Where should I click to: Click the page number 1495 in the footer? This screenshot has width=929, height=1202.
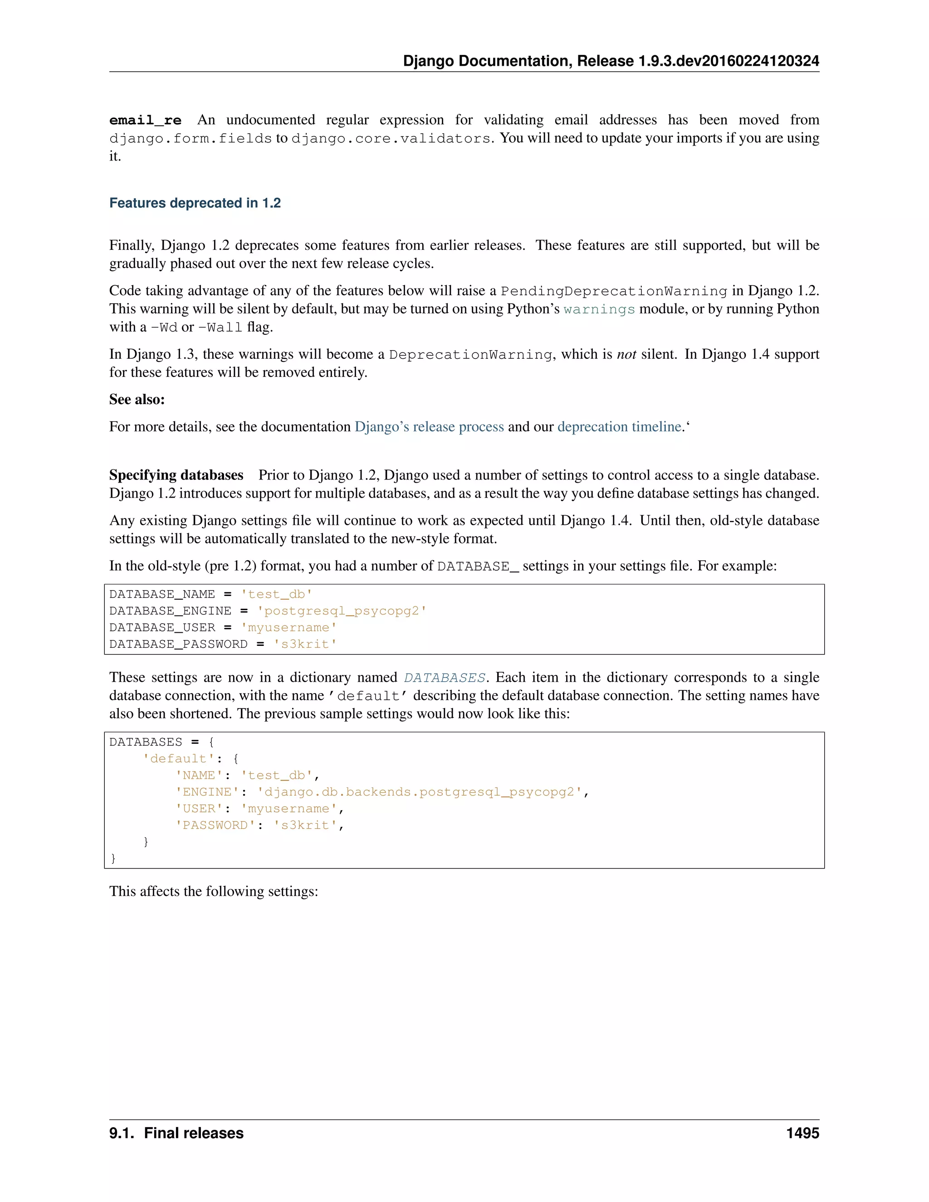[802, 1133]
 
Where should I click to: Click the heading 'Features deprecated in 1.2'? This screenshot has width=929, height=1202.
[195, 203]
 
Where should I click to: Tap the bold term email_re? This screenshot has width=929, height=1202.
[145, 120]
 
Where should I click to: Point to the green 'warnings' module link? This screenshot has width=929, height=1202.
[599, 309]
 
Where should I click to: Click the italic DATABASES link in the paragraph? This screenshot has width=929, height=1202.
[444, 678]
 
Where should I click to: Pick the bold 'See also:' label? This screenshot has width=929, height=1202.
[137, 400]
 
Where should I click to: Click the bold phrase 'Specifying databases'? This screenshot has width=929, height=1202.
[176, 475]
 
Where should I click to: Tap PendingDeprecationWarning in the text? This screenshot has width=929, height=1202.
[614, 291]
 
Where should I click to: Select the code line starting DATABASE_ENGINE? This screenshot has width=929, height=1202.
[268, 611]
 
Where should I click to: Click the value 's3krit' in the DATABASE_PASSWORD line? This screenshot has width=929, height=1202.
[305, 644]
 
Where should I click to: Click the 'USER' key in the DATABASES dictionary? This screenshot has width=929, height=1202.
[199, 808]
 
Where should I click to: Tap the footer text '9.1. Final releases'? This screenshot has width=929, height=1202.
[176, 1133]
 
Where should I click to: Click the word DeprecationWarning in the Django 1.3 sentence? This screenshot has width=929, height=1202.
[470, 354]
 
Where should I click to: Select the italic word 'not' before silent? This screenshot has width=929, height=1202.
[626, 354]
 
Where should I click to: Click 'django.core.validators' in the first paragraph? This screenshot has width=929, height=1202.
[390, 138]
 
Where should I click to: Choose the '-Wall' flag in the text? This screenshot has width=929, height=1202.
[220, 327]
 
